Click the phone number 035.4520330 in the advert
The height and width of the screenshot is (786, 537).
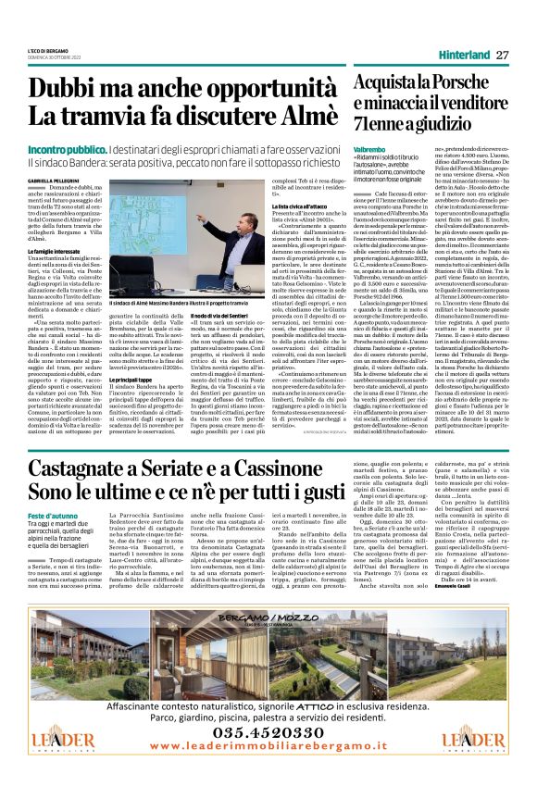coord(268,735)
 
